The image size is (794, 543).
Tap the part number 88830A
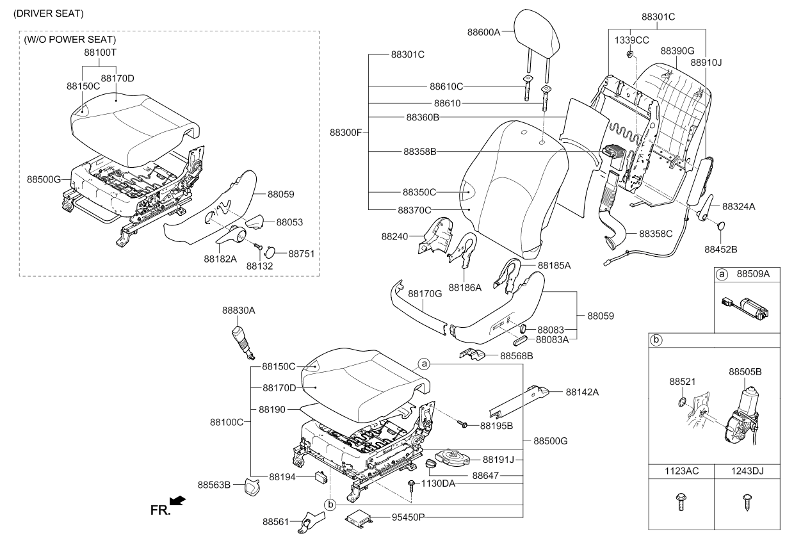tap(239, 309)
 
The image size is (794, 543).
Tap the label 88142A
tap(582, 393)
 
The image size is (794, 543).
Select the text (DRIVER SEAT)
tap(48, 13)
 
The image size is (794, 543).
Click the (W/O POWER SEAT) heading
tap(70, 40)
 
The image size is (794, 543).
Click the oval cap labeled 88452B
tap(721, 225)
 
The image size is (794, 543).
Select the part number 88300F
tap(346, 133)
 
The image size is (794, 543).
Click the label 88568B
tap(517, 355)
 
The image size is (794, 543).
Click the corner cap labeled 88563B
tap(252, 489)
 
